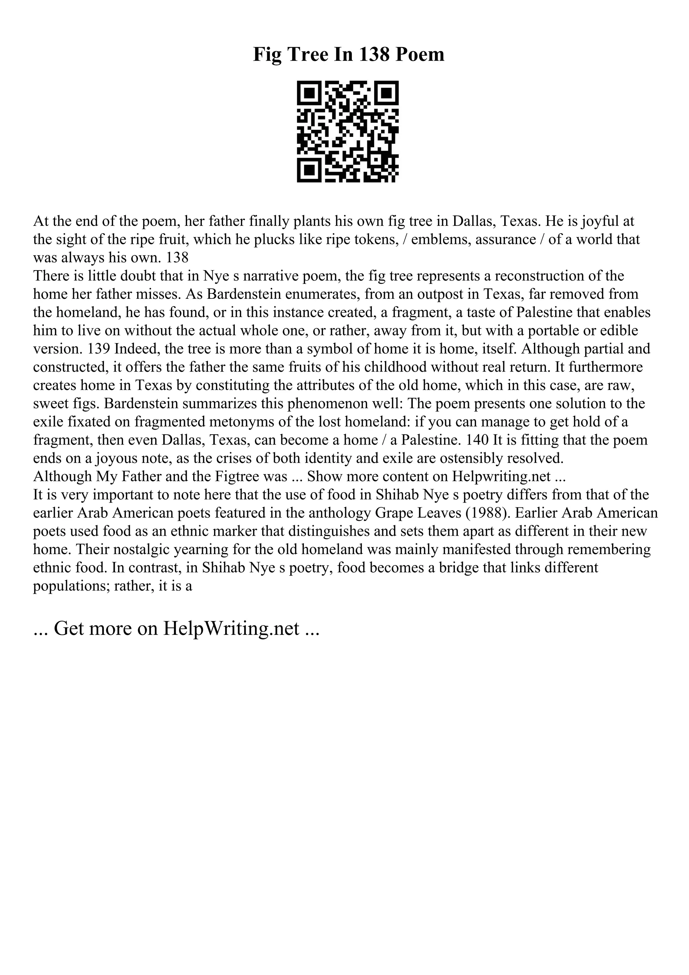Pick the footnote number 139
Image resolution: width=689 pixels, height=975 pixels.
click(x=99, y=349)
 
